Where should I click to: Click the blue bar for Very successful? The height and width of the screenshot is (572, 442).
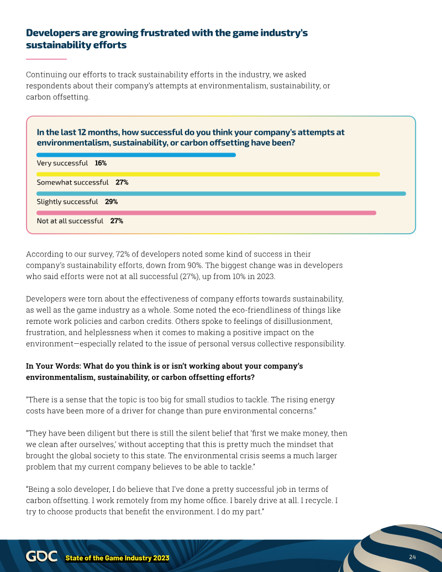click(x=136, y=155)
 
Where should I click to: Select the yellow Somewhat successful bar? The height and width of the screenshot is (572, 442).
click(x=208, y=174)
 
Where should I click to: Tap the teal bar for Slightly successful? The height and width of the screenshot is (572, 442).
click(x=221, y=193)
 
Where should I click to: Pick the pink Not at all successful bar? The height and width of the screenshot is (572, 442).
click(x=206, y=213)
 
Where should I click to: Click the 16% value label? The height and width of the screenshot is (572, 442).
click(x=101, y=163)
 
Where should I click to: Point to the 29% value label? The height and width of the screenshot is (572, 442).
click(x=111, y=202)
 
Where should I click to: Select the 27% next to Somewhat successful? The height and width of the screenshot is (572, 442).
click(x=122, y=182)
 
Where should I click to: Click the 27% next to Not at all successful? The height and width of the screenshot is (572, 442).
click(x=117, y=221)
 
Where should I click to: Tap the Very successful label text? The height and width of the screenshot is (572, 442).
click(x=62, y=163)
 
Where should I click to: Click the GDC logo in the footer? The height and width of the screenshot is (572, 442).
click(x=41, y=557)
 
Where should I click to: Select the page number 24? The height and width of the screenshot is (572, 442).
click(x=412, y=556)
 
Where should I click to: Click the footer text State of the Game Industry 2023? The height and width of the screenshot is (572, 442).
click(x=117, y=558)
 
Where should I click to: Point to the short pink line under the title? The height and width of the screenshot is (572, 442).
click(x=46, y=59)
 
